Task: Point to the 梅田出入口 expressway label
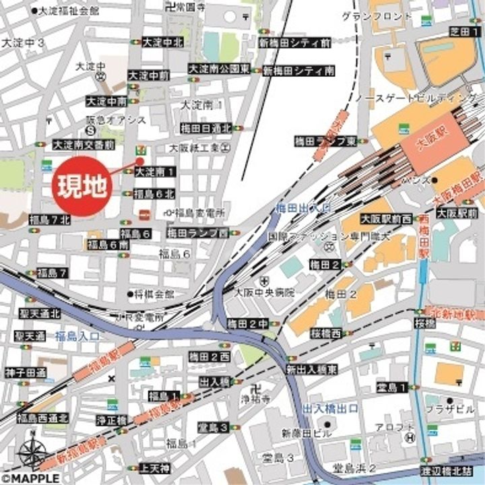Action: coord(302,207)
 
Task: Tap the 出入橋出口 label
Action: coord(331,408)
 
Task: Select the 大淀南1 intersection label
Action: coord(156,172)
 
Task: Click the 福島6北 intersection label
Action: coord(154,194)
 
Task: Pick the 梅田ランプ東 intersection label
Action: coord(325,141)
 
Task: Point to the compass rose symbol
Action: coord(31,452)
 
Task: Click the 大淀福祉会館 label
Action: coord(69,11)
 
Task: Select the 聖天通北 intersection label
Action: coord(40,314)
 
